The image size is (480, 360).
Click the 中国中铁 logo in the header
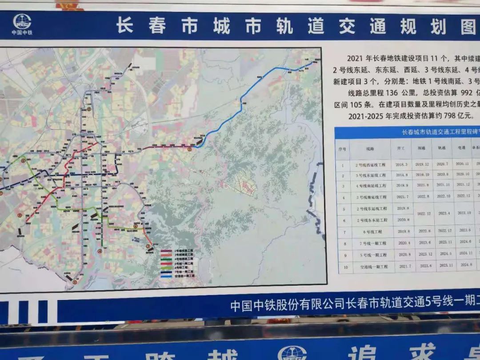point(22,22)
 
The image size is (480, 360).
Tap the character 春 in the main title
point(157,26)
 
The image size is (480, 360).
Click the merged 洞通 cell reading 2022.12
point(422,214)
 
